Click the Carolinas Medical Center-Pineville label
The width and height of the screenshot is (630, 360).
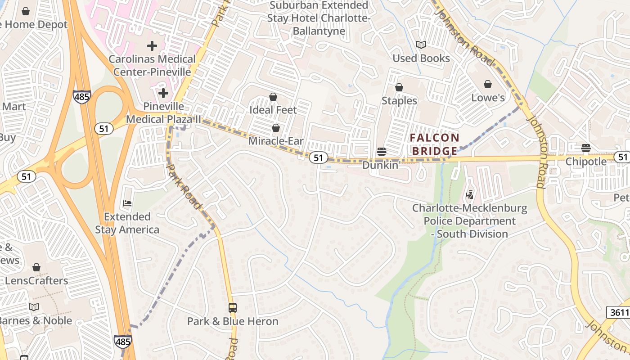pyautogui.click(x=152, y=65)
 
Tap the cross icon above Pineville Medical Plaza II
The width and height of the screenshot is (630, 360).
pyautogui.click(x=163, y=93)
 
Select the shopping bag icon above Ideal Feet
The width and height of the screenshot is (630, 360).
pyautogui.click(x=273, y=97)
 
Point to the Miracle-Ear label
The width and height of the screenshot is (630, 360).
pyautogui.click(x=276, y=141)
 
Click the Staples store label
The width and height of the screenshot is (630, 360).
pyautogui.click(x=399, y=100)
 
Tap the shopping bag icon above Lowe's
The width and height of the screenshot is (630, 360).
pyautogui.click(x=488, y=84)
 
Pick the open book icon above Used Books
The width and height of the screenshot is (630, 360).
pyautogui.click(x=421, y=45)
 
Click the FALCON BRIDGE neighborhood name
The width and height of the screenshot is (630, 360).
pyautogui.click(x=435, y=144)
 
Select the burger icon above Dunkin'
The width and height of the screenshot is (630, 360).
pyautogui.click(x=381, y=152)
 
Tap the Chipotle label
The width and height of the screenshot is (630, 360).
pyautogui.click(x=586, y=161)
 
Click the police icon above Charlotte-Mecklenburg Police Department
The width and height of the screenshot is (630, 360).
pyautogui.click(x=470, y=195)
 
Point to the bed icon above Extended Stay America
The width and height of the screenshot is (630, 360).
pyautogui.click(x=127, y=203)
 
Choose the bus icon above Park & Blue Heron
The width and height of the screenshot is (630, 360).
pyautogui.click(x=232, y=308)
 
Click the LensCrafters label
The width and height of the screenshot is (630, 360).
pyautogui.click(x=36, y=281)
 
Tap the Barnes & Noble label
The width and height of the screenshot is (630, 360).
pyautogui.click(x=35, y=320)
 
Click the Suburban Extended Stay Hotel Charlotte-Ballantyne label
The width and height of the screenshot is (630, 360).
pyautogui.click(x=319, y=18)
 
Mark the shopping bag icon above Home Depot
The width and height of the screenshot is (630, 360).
pyautogui.click(x=26, y=11)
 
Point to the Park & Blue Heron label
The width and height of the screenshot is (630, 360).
pyautogui.click(x=233, y=321)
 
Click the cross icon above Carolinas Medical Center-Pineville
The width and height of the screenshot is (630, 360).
pyautogui.click(x=152, y=45)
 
